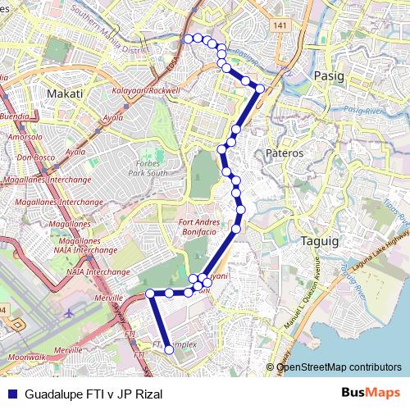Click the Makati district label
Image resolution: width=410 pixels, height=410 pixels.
pos(65,93)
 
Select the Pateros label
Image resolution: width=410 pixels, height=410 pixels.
pos(285,153)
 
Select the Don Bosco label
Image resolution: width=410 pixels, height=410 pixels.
pos(34,157)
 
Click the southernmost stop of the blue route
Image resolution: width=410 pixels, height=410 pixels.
pos(170,349)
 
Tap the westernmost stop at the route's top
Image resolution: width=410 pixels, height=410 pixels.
pos(188,38)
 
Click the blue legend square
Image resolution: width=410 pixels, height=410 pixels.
pos(11,394)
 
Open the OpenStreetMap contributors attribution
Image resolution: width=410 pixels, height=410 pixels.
pos(339,367)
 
